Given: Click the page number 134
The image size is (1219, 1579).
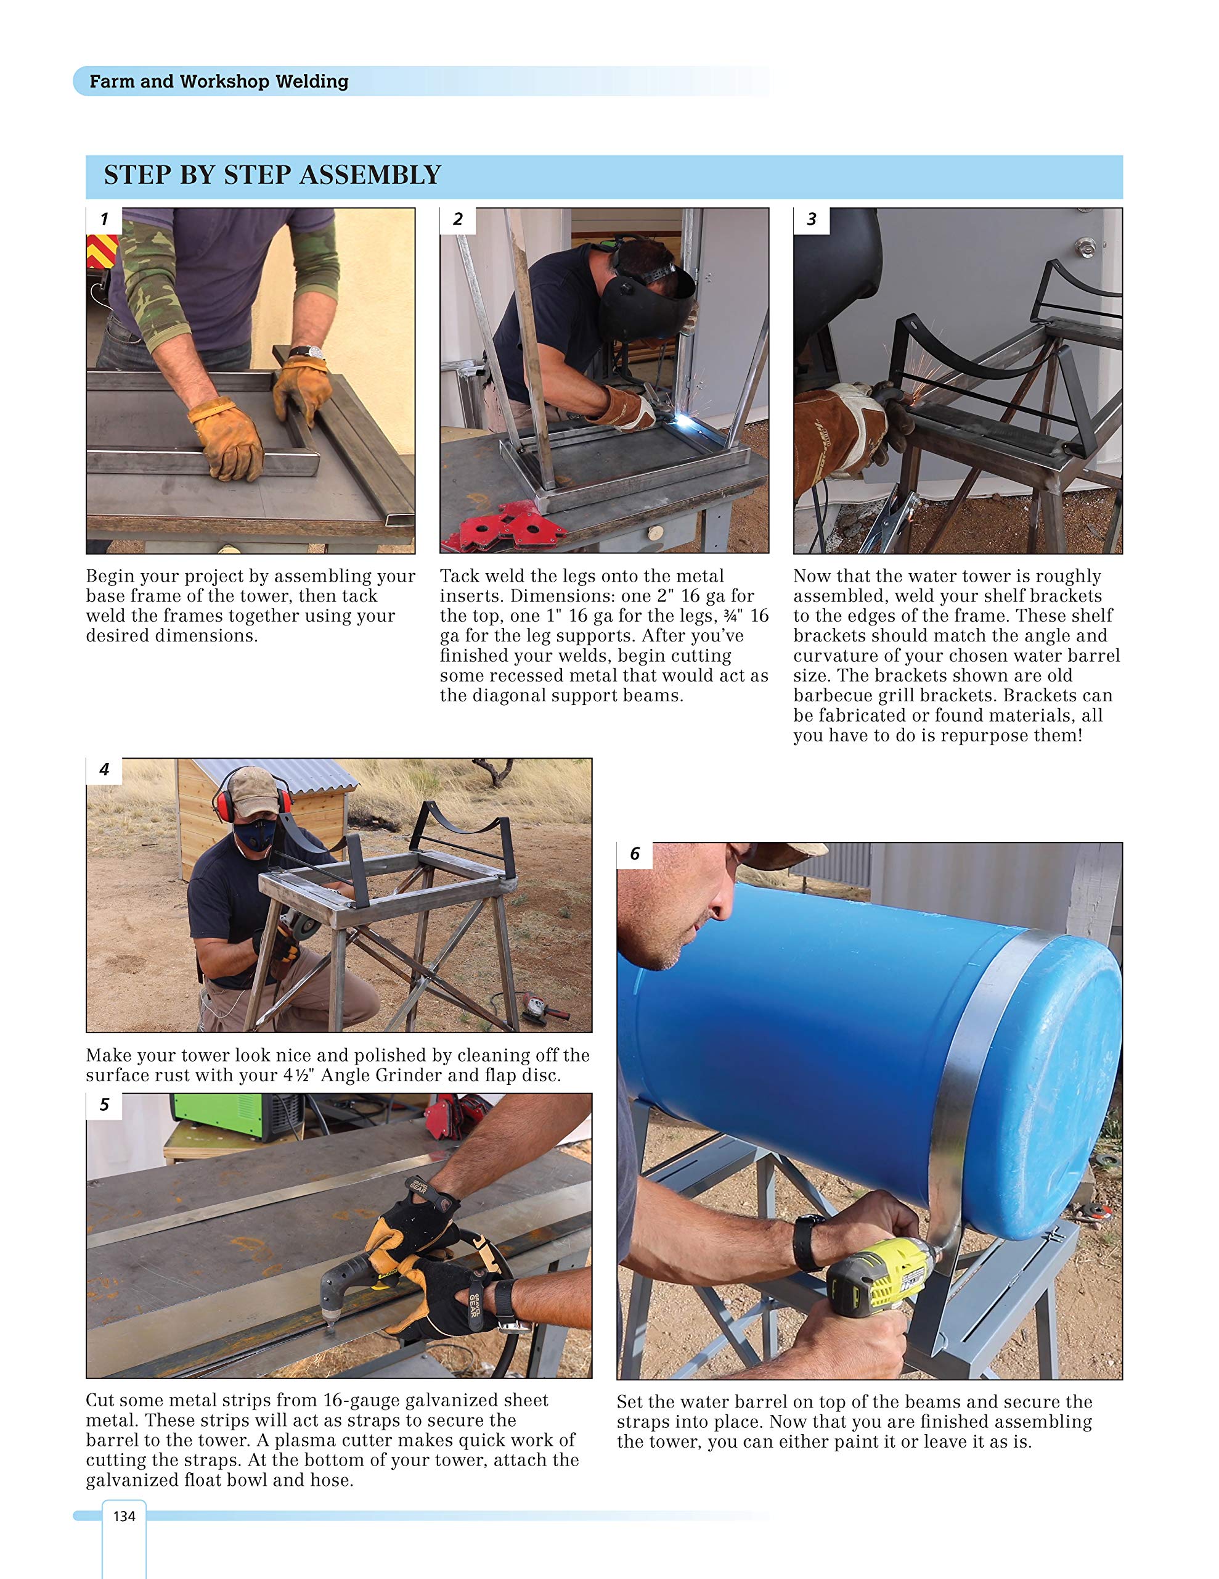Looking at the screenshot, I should [x=123, y=1516].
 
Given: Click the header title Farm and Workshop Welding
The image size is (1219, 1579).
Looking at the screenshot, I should [x=218, y=81].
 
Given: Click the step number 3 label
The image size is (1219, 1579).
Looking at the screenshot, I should [x=811, y=220].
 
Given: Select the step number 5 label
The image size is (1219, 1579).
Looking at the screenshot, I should [x=104, y=1105].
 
